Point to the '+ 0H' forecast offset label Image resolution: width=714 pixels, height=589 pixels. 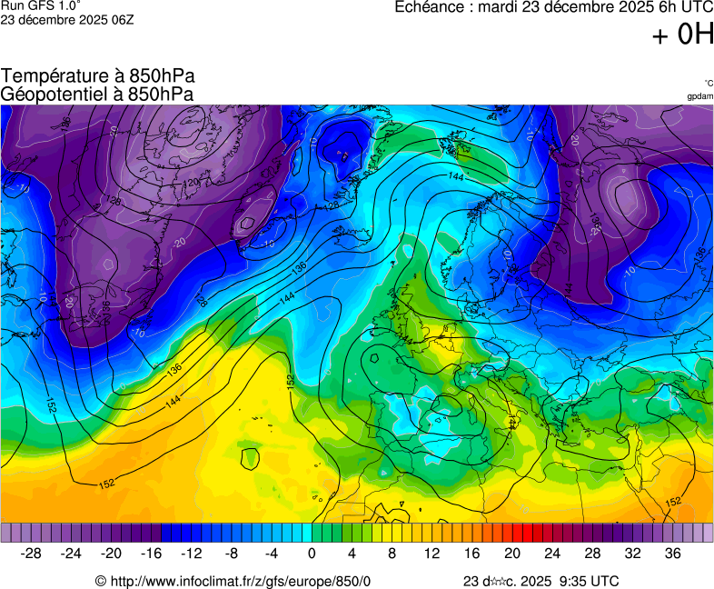[x=682, y=35]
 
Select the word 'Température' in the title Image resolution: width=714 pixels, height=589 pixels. [x=54, y=76]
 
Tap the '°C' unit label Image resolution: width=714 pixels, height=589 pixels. [x=708, y=83]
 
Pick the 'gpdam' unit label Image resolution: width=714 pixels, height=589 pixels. [x=699, y=95]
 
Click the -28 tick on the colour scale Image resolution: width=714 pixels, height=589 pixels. [x=32, y=554]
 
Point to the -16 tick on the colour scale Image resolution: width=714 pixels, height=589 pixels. [x=151, y=554]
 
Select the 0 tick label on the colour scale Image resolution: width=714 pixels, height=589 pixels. [x=312, y=554]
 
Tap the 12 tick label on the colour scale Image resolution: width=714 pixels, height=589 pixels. [x=431, y=554]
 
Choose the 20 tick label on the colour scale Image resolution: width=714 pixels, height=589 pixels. [x=511, y=554]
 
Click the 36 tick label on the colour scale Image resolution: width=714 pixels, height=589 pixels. [x=672, y=554]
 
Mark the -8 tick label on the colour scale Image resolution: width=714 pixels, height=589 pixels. [x=231, y=554]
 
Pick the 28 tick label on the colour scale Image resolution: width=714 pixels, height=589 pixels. [x=592, y=554]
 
